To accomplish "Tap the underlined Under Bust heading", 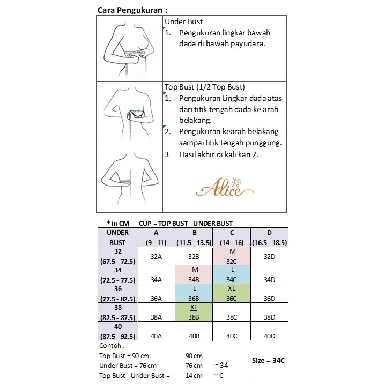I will [183, 22].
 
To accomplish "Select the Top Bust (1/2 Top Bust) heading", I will [204, 87].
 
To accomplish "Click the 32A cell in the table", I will [157, 256].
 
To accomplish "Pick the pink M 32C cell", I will [232, 256].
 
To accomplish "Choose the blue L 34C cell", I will [232, 275].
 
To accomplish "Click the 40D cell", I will [269, 336].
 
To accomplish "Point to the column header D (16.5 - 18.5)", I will [269, 238].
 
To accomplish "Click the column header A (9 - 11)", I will [157, 238].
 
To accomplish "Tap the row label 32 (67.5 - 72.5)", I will [118, 256].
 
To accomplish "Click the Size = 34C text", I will [268, 360].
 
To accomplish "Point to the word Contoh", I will [111, 346].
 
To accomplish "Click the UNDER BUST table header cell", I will [118, 238].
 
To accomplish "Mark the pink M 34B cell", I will [194, 275].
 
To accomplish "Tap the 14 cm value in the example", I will [194, 375].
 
